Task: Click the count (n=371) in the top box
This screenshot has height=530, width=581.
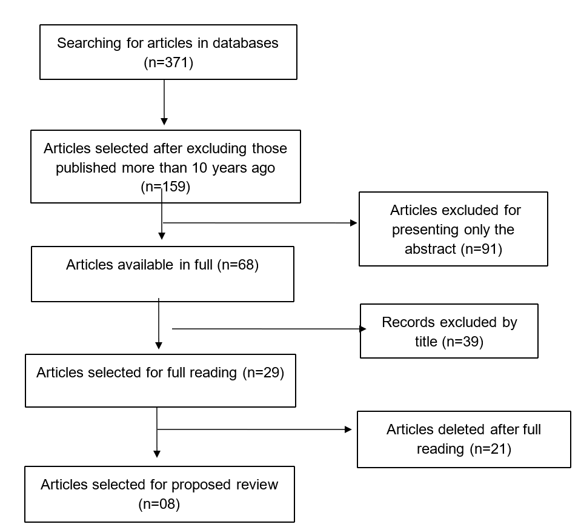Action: [168, 62]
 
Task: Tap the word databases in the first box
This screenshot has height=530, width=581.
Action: [245, 43]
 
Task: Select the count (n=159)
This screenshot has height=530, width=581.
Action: [165, 187]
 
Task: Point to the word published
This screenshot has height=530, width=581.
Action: [86, 168]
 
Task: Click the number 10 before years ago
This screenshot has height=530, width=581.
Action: [199, 168]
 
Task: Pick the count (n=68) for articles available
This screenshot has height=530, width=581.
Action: [238, 265]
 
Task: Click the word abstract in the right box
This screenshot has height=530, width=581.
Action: [430, 249]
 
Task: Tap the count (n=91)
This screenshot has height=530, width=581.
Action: [482, 249]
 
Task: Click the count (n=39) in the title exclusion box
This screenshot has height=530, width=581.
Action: [463, 342]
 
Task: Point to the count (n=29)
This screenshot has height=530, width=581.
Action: [264, 373]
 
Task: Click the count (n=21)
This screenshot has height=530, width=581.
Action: [491, 449]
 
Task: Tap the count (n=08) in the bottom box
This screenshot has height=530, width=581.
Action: [159, 504]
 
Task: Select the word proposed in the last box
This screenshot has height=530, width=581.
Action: [201, 485]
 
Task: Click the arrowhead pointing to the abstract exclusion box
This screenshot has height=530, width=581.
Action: [353, 222]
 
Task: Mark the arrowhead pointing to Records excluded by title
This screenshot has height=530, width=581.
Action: [363, 328]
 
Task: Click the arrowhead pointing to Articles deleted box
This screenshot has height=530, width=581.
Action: [348, 429]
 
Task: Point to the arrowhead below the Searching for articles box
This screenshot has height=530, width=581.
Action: [164, 122]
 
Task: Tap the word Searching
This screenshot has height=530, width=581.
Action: [89, 44]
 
